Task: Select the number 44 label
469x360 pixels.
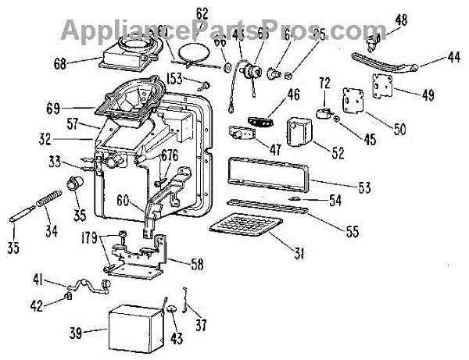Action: (453, 57)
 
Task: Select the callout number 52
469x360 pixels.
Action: (338, 152)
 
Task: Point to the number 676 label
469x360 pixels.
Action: (170, 155)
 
